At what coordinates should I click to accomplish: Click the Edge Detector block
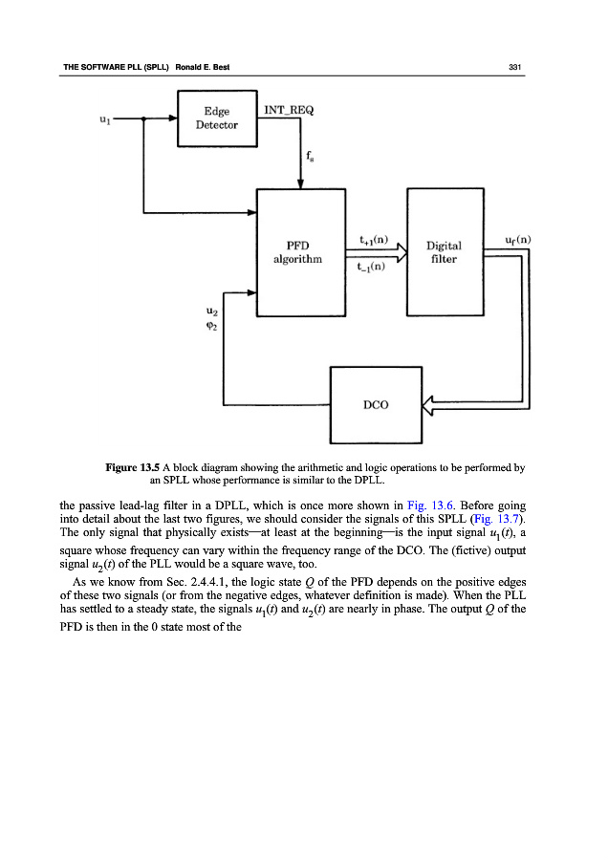pos(217,118)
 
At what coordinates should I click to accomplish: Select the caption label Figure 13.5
pos(135,468)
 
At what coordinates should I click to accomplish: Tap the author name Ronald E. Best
pos(206,66)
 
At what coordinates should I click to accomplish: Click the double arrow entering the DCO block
pos(437,405)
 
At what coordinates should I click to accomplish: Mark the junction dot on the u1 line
pos(142,118)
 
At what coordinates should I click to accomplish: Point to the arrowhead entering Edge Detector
pos(172,118)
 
